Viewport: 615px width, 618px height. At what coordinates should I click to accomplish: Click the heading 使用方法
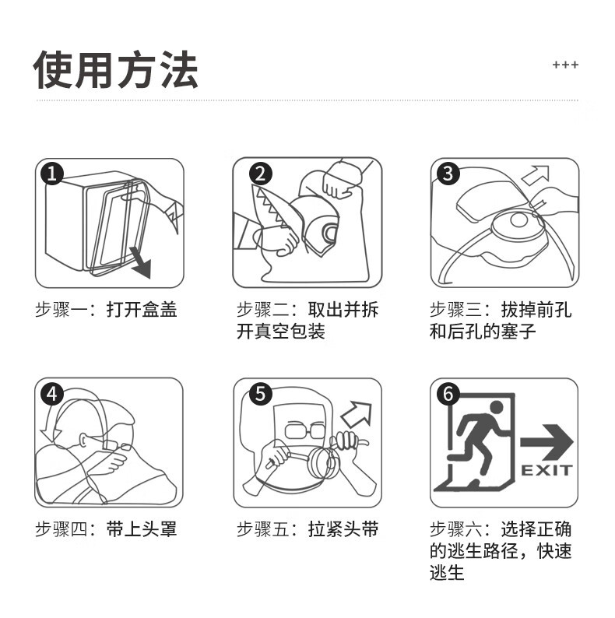(x=116, y=69)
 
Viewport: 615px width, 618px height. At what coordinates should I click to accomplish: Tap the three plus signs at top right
(x=565, y=65)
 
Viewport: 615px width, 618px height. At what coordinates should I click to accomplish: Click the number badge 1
(x=51, y=173)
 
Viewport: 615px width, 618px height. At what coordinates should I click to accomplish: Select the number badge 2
(x=260, y=173)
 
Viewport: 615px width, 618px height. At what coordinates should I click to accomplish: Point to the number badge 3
(x=447, y=173)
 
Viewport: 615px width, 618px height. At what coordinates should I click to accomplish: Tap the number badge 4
(x=51, y=394)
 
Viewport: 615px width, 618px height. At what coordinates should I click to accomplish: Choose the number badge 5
(x=260, y=394)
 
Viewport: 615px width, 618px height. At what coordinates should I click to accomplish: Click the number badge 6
(x=447, y=394)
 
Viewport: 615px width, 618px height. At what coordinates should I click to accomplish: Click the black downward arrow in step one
(x=139, y=264)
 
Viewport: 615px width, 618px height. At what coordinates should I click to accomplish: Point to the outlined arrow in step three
(x=536, y=174)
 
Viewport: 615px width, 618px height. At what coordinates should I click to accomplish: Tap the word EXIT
(x=546, y=470)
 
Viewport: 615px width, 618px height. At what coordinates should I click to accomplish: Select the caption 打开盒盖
(x=142, y=310)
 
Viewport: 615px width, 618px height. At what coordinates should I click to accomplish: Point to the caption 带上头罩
(x=142, y=530)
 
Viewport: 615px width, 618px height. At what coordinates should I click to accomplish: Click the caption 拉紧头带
(x=343, y=530)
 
